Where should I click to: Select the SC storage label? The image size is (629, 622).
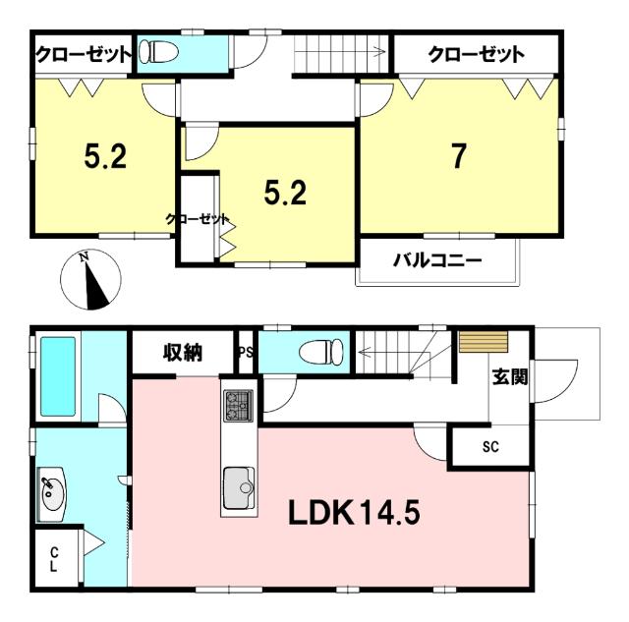tap(490, 446)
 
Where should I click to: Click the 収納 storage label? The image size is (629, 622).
tap(183, 353)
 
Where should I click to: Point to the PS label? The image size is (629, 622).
tap(246, 353)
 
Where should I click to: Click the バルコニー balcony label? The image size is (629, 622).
tap(437, 260)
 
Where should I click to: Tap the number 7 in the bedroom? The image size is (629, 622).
tap(459, 156)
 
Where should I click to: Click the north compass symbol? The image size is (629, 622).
tap(90, 279)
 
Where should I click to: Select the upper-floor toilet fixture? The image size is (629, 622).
tap(158, 52)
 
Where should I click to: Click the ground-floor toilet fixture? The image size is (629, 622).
tap(321, 352)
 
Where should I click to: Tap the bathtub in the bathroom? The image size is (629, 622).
tap(58, 376)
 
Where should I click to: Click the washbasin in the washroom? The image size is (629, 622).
tap(51, 494)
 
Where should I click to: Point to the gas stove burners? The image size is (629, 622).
tap(239, 406)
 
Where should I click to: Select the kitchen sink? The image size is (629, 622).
tap(239, 487)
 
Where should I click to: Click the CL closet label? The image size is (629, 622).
tap(54, 560)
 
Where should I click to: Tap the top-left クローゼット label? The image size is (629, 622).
tap(84, 54)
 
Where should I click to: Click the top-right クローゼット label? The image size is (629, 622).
tap(476, 54)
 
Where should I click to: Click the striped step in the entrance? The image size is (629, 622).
tap(484, 342)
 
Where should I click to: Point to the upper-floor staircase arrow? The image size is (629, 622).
tap(340, 52)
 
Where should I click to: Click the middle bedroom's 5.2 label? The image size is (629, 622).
tap(285, 193)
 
